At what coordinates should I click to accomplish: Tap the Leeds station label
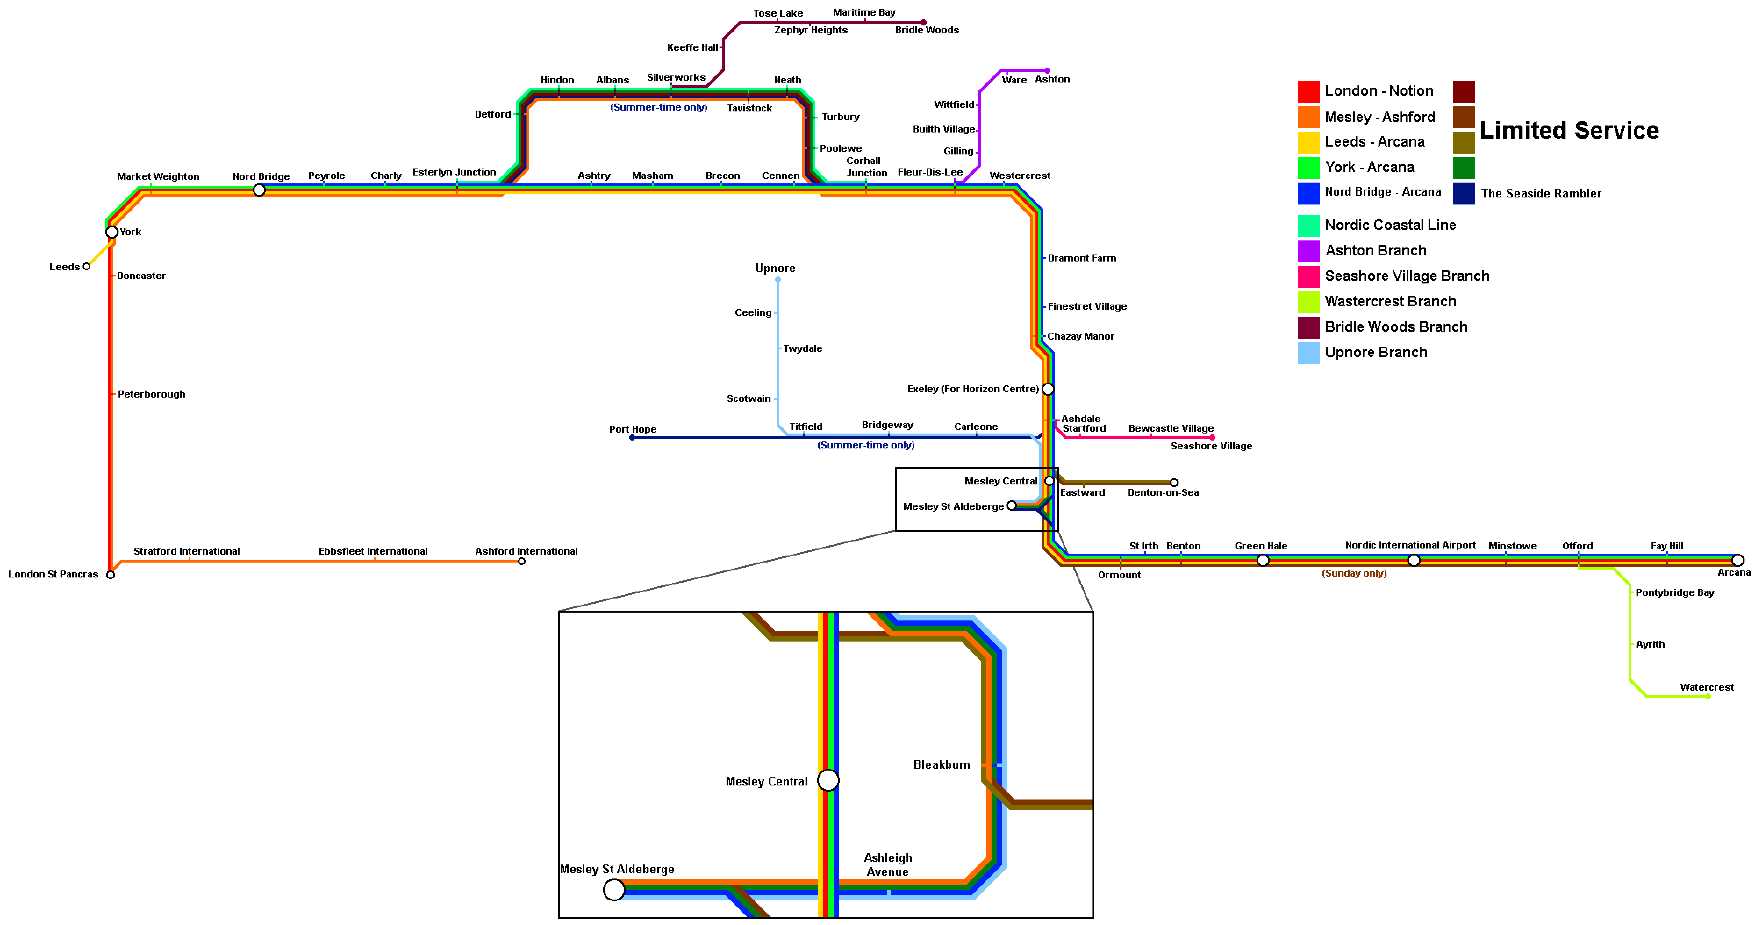pos(64,267)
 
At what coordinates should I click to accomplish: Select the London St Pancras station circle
pos(110,575)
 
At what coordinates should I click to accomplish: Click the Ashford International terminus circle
pos(522,561)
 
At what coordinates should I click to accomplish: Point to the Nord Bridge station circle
pos(259,190)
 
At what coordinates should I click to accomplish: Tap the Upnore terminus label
pos(775,268)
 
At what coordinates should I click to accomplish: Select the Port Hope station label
pos(633,429)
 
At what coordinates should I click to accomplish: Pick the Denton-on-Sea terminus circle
pos(1174,483)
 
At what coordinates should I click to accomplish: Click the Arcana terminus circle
pos(1738,561)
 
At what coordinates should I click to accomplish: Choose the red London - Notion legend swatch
pos(1309,91)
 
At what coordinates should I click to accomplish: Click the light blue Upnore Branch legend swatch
pos(1309,353)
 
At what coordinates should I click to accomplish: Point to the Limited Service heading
pos(1569,130)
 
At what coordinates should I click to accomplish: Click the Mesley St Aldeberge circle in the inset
pos(614,890)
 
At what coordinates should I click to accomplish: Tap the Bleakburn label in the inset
pos(942,765)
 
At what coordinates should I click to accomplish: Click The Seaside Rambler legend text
pos(1541,193)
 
